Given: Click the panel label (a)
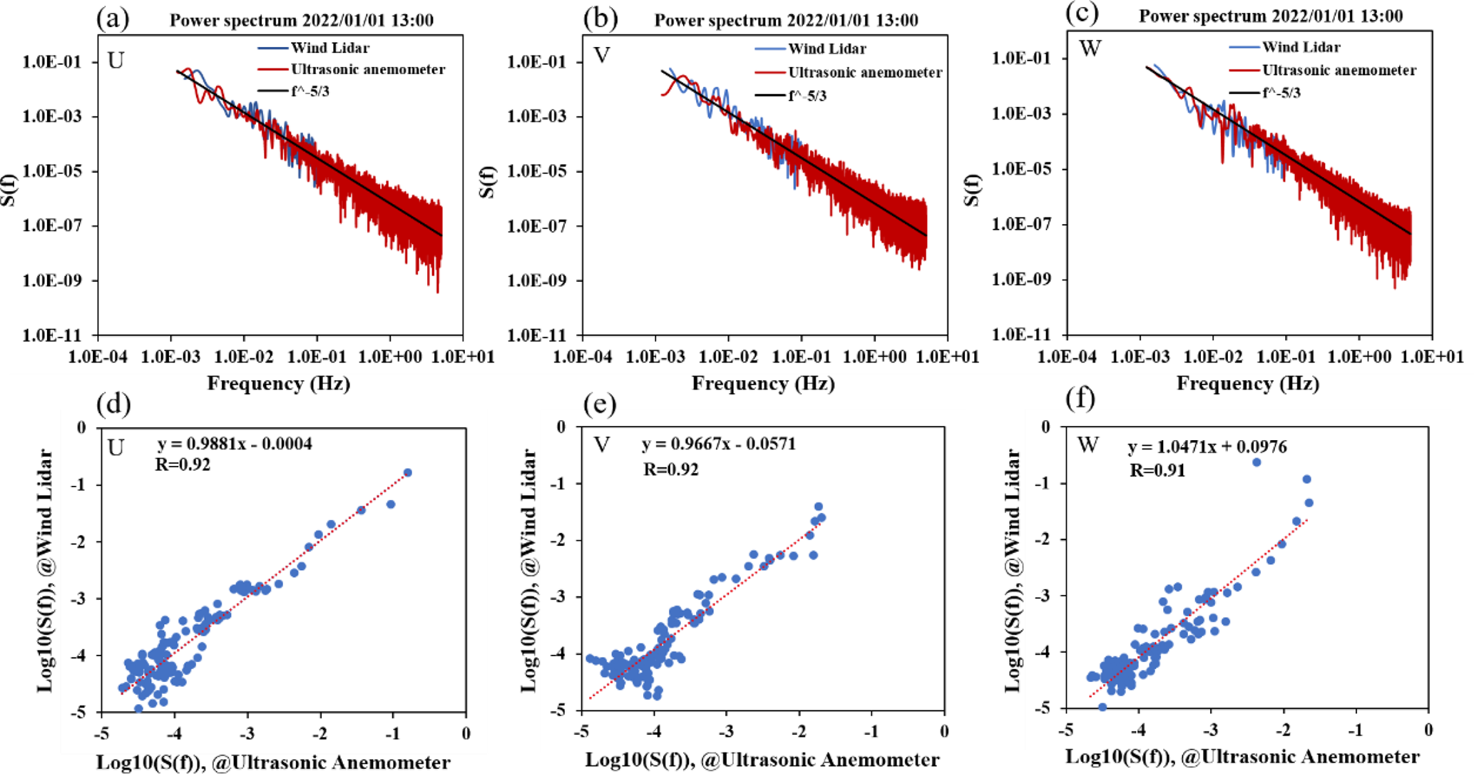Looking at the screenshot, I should (113, 18).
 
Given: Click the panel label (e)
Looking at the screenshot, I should (599, 404).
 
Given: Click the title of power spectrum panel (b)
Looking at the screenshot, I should (786, 19).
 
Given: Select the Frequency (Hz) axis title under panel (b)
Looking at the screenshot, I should (763, 384).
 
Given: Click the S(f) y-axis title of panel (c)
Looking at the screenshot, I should (972, 190).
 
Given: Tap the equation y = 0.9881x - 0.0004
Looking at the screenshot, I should (235, 444).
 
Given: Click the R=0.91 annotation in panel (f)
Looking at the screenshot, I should (1157, 470).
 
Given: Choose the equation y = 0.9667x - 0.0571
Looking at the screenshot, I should (718, 444).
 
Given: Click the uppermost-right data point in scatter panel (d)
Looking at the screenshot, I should (408, 472).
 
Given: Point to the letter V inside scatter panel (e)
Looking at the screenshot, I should (602, 445).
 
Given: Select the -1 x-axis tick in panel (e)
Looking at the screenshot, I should (871, 731).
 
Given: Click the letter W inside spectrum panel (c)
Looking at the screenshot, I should (1090, 49).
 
